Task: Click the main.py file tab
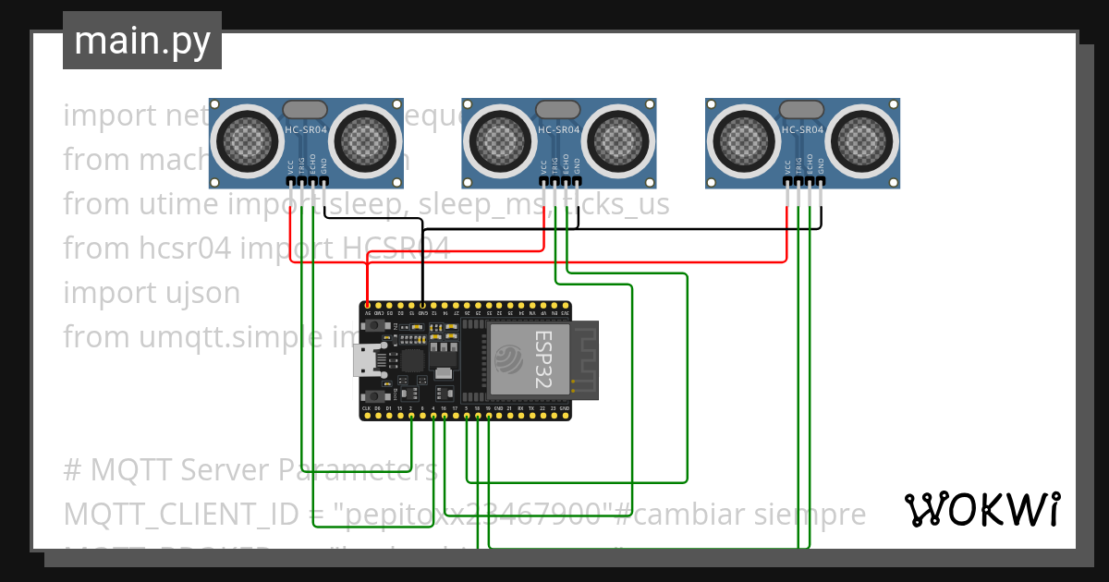tap(142, 41)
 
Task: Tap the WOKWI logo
tap(981, 509)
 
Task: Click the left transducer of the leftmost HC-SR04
tap(246, 139)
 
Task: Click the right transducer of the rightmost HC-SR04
tap(864, 139)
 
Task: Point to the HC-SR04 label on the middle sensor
tap(558, 130)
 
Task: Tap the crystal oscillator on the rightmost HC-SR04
tap(801, 110)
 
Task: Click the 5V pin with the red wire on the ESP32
tap(368, 305)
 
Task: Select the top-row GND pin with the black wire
tap(422, 305)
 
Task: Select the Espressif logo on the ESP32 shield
tap(509, 358)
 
